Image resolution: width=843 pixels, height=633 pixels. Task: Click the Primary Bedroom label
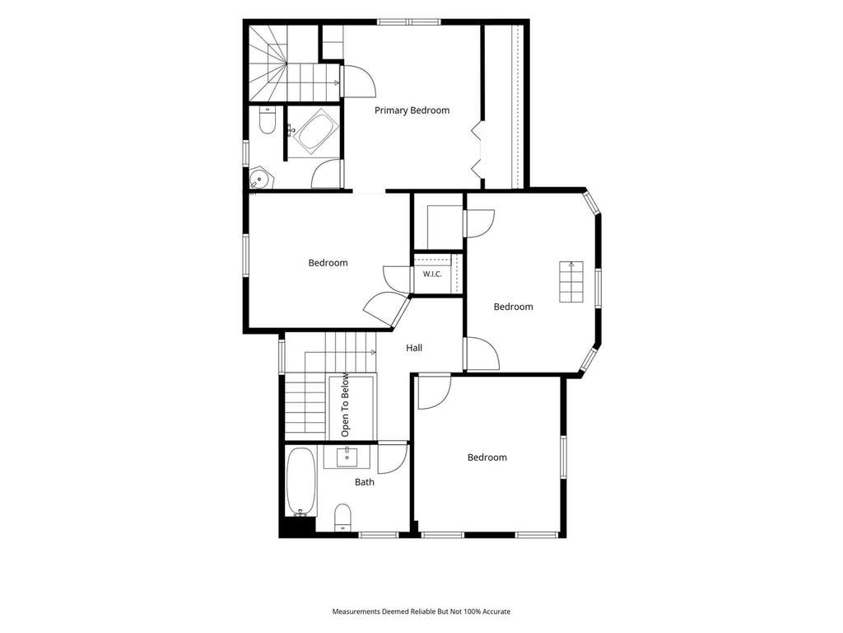412,110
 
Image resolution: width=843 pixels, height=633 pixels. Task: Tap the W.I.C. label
431,274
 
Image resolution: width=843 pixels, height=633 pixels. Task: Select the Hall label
414,348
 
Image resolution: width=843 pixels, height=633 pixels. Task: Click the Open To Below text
345,405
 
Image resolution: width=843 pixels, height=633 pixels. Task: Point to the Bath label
365,482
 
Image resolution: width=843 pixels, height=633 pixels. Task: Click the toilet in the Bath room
342,518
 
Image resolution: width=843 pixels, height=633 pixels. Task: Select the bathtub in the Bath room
300,481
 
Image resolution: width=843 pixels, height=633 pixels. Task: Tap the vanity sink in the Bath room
347,457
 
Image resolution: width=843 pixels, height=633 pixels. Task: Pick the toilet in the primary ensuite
268,120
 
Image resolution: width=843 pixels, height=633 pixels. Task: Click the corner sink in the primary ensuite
261,178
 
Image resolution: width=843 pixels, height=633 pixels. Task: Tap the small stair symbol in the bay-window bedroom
571,282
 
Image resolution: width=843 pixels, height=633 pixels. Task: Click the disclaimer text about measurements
421,612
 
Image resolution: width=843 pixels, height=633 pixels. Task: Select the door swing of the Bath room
393,458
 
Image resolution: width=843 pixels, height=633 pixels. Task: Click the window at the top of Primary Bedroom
409,22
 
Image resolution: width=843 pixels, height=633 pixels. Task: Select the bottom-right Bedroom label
487,457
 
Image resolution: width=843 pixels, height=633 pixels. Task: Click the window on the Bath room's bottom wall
378,535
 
